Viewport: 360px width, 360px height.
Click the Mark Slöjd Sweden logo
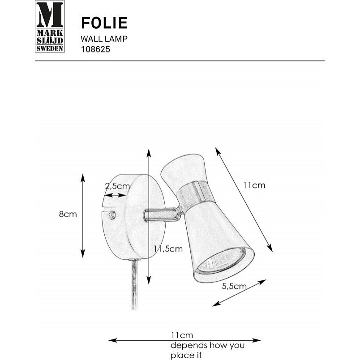(50, 26)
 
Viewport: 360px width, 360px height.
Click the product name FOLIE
(104, 23)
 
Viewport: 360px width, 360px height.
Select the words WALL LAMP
(104, 39)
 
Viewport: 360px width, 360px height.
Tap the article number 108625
(95, 49)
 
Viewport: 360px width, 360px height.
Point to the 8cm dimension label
(68, 214)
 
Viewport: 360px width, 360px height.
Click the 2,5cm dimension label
(117, 186)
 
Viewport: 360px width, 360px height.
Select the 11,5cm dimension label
(168, 249)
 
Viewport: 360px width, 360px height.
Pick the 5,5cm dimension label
(234, 286)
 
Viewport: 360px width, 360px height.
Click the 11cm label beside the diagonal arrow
(254, 185)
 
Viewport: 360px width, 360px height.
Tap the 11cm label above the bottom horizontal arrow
(182, 335)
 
